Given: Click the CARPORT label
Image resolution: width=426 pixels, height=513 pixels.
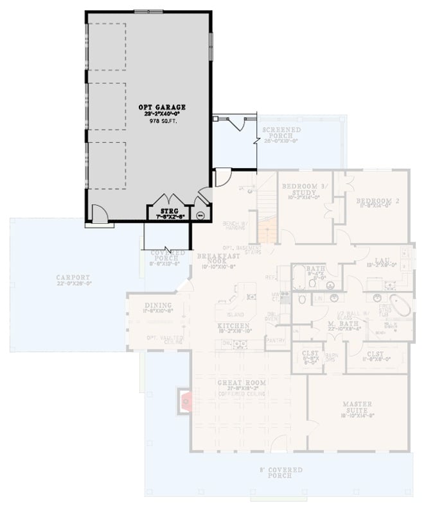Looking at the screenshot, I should pos(70,278).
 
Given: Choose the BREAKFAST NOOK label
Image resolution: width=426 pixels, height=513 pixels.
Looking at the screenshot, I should pos(213,259).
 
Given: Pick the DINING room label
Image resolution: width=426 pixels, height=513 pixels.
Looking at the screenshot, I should pos(157,305).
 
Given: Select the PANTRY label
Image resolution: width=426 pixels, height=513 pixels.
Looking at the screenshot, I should pos(275,340).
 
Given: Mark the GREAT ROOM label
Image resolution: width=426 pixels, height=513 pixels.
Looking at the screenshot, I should pos(241,383).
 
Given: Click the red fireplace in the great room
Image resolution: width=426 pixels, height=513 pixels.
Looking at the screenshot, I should pos(186,402).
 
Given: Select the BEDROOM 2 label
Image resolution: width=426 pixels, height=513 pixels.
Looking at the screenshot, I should pos(378,201).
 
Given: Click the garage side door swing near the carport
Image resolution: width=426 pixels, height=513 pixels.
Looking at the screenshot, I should pos(100,214).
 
